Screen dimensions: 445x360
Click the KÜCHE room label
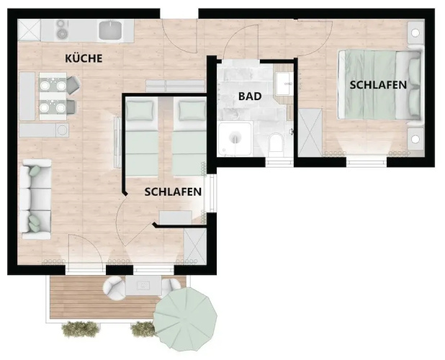(x=84, y=58)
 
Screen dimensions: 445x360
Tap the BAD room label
(x=250, y=96)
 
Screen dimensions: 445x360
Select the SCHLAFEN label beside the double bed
(x=378, y=85)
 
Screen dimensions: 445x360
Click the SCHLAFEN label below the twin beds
(x=173, y=192)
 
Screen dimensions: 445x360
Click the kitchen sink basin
(x=110, y=30)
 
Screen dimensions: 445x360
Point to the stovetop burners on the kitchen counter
(x=62, y=30)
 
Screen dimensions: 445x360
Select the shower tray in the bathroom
(x=235, y=138)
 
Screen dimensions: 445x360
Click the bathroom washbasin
(x=284, y=84)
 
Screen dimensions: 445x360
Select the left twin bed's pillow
(x=140, y=110)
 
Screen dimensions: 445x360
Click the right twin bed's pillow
(x=192, y=110)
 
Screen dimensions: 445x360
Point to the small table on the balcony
(x=143, y=285)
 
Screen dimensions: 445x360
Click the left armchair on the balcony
(x=114, y=288)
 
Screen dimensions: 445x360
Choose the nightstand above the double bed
(x=415, y=32)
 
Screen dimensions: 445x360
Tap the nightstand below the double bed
(x=415, y=139)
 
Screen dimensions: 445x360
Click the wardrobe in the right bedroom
(x=310, y=132)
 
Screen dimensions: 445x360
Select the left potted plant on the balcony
(x=81, y=329)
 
